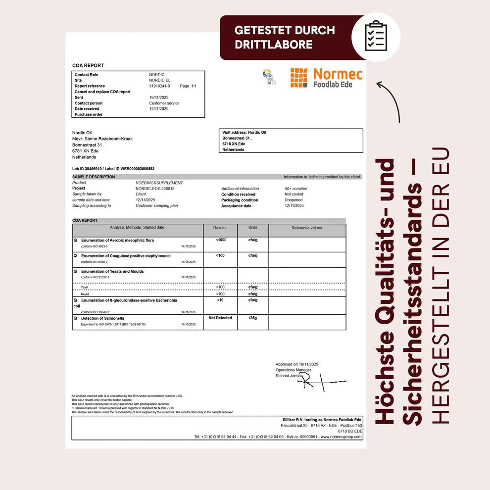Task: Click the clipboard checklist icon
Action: tap(376, 36)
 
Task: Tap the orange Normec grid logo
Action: tap(298, 78)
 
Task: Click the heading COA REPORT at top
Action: tap(88, 65)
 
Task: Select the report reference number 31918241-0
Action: tap(159, 86)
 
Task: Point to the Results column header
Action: tap(220, 228)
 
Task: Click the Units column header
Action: tap(253, 228)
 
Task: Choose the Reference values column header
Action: tap(307, 228)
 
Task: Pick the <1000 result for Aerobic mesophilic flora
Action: tap(221, 240)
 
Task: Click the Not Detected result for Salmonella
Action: tap(220, 318)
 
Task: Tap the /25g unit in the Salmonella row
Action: tap(253, 318)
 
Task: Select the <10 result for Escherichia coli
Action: tap(220, 300)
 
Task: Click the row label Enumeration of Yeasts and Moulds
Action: tap(112, 271)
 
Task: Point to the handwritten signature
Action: tap(322, 381)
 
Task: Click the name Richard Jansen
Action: tap(289, 376)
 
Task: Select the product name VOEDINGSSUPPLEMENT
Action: tap(159, 183)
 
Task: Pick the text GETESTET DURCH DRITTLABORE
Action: tap(285, 37)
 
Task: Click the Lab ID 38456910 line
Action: tap(113, 169)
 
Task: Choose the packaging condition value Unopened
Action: tap(294, 200)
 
